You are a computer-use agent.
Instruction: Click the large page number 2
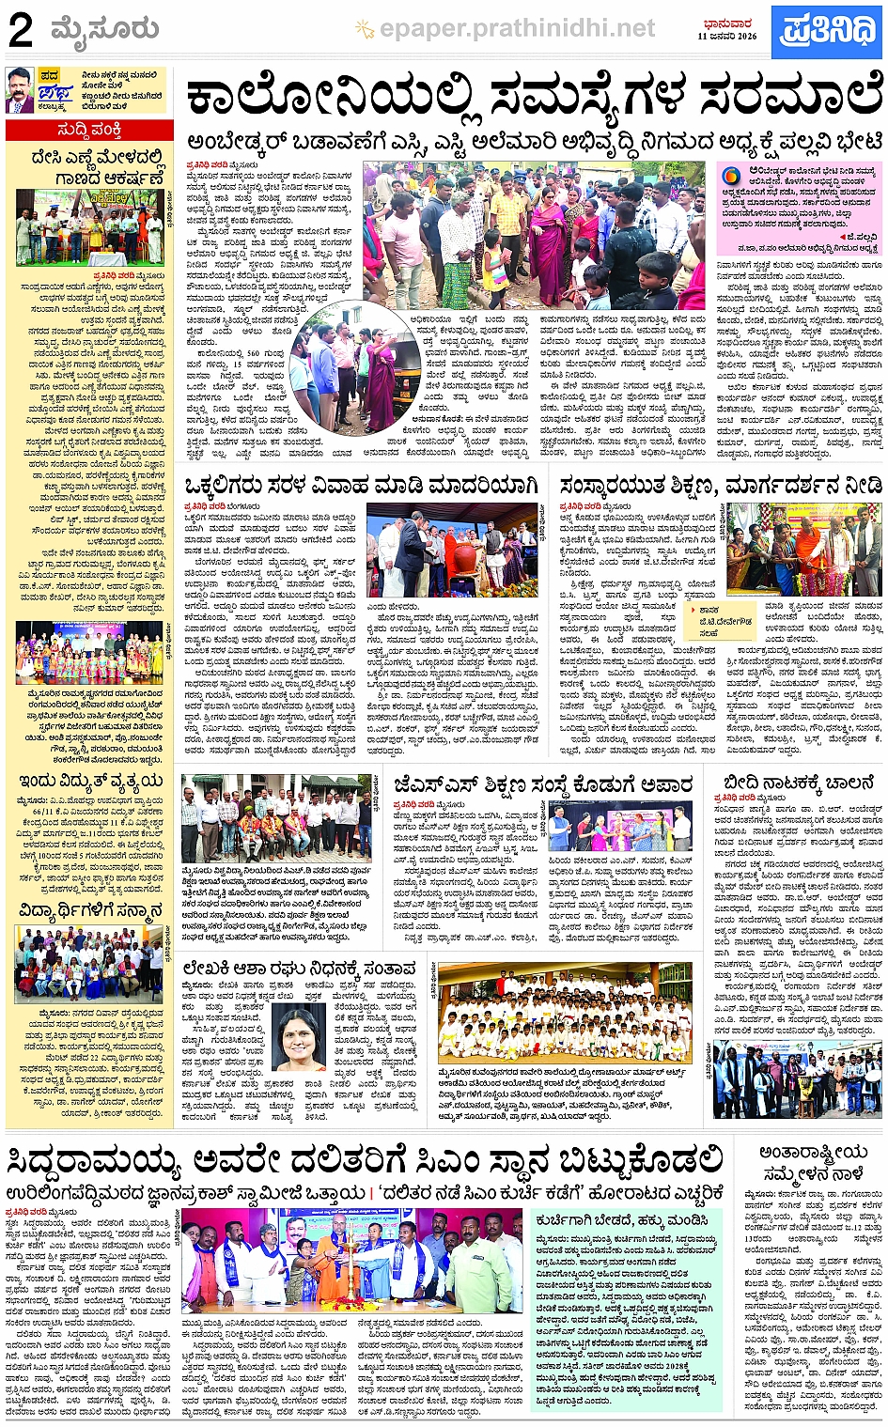21,31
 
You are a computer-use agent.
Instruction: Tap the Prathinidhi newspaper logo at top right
827,31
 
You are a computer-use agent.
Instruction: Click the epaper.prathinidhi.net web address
517,29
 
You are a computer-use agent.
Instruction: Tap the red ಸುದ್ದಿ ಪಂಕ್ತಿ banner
89,130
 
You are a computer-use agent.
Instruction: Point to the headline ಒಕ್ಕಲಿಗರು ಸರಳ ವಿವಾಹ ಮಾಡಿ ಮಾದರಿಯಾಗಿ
362,486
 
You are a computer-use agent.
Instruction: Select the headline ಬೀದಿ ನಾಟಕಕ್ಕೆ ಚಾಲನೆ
800,783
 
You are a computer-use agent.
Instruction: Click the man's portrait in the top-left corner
20,90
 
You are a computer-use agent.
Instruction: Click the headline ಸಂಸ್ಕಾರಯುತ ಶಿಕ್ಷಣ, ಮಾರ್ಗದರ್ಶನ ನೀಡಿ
721,486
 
